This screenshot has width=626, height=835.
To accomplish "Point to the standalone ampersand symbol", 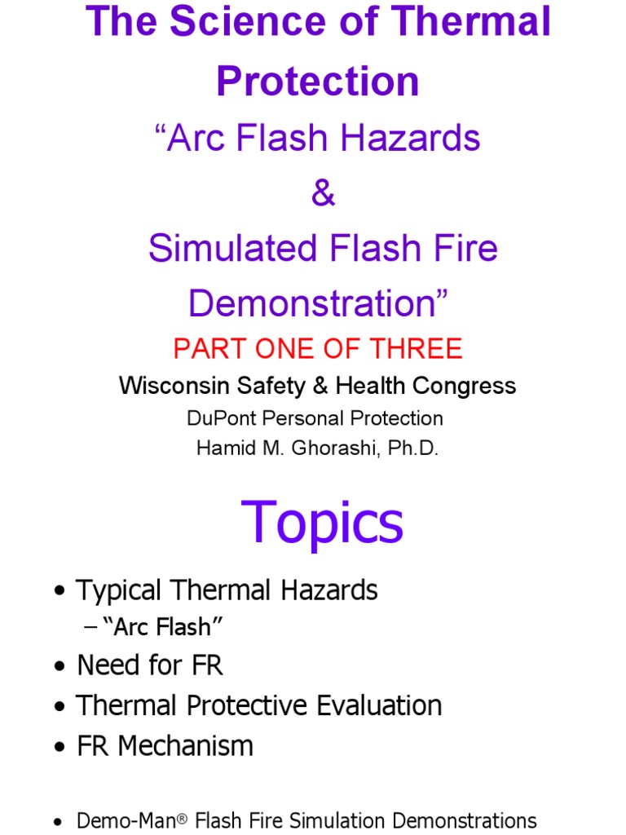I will [x=323, y=194].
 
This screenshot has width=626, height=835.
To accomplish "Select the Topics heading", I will [x=322, y=522].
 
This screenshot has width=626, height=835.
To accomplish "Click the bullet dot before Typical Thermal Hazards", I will [x=60, y=592].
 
